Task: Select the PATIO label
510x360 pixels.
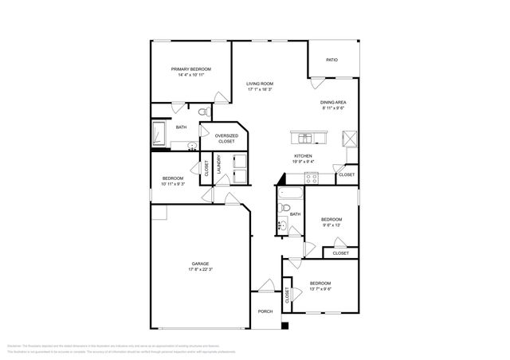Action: tap(332, 60)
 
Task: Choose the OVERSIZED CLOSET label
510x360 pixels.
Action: tap(226, 139)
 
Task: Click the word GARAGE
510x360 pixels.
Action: tap(200, 264)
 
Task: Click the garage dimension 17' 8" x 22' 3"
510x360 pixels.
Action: tap(200, 270)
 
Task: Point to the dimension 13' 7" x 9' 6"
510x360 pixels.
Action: tap(320, 289)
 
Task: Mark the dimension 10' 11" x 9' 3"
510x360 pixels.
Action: tap(173, 184)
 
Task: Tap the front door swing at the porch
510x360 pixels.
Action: tap(268, 289)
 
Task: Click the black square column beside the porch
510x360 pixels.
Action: tap(284, 326)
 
